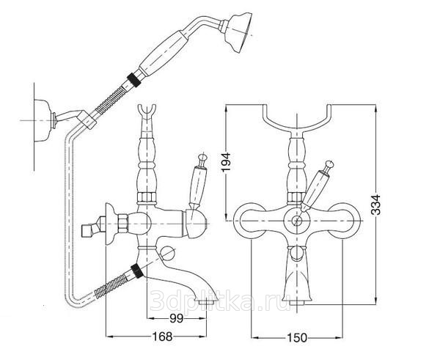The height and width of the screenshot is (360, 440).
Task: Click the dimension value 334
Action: pos(375,206)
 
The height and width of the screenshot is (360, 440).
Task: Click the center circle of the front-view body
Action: pos(298,219)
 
